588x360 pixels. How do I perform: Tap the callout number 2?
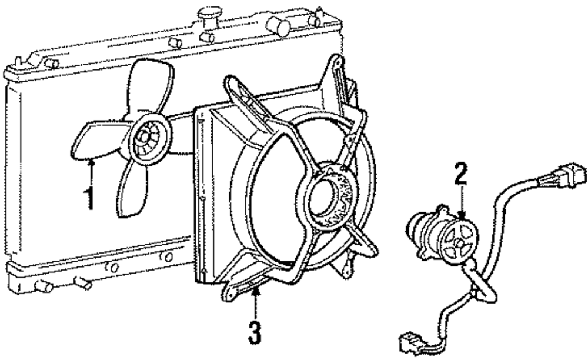click(x=462, y=174)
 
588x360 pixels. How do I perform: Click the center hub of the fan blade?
click(x=143, y=140)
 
